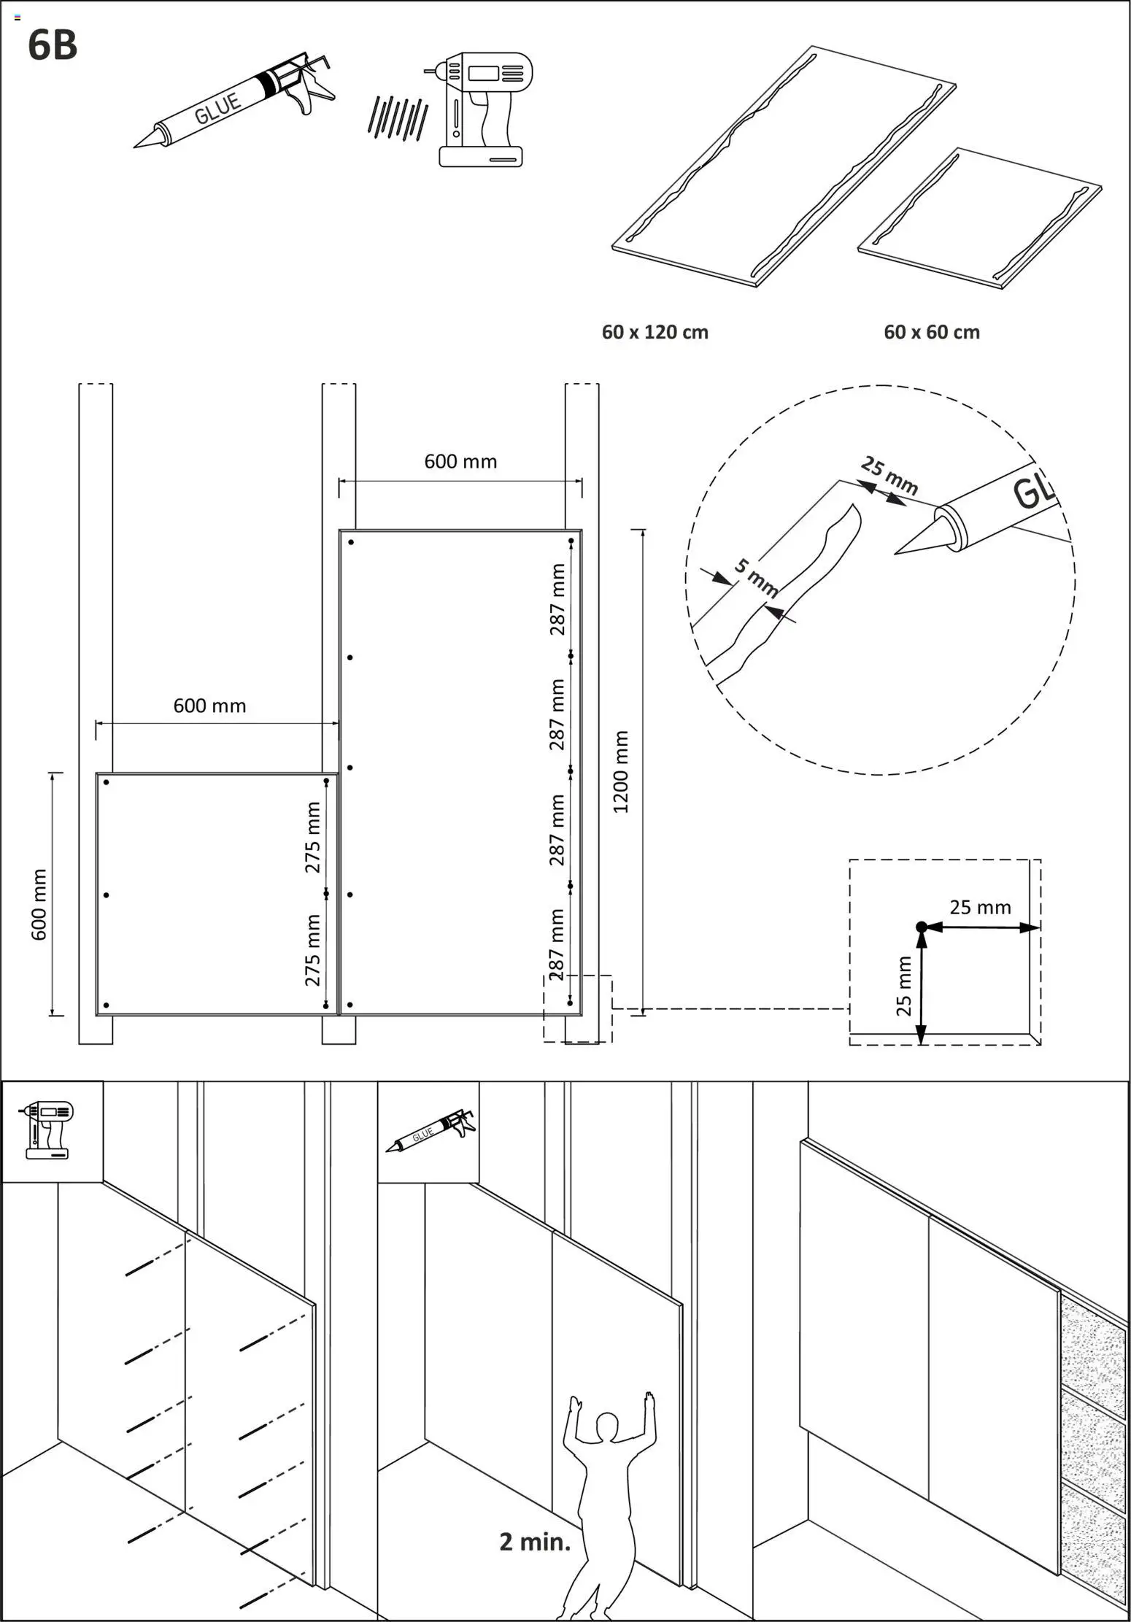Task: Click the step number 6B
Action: click(x=52, y=45)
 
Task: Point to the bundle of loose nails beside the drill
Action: click(x=398, y=118)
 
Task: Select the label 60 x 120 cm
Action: click(x=655, y=333)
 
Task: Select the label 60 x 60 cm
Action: click(x=931, y=333)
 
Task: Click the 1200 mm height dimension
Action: click(x=620, y=771)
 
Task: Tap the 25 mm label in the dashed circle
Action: click(x=889, y=475)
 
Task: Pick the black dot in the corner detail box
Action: click(x=921, y=927)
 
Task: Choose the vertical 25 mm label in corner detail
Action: click(x=903, y=986)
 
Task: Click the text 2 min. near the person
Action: click(x=535, y=1542)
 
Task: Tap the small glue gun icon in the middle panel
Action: click(x=431, y=1132)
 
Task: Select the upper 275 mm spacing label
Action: click(x=312, y=837)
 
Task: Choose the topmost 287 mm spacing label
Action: click(x=557, y=599)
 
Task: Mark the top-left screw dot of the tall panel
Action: click(x=351, y=542)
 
